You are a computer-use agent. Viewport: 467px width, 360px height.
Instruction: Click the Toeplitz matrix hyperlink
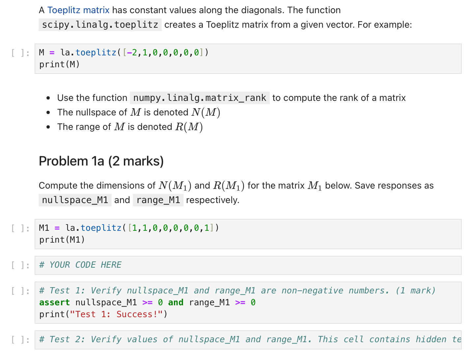(x=78, y=10)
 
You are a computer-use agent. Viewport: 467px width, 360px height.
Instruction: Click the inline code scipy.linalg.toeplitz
(x=100, y=25)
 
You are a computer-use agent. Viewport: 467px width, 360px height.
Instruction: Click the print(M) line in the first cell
(x=59, y=64)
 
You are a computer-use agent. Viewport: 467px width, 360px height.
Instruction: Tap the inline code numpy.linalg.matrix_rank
(x=200, y=98)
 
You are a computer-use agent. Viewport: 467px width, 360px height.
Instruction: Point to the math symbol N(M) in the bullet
(x=206, y=112)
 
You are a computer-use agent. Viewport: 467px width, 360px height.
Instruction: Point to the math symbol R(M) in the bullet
(x=189, y=127)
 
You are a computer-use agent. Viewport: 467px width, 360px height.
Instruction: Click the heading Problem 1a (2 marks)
(x=101, y=161)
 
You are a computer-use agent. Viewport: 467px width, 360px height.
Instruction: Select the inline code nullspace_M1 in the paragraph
(x=75, y=200)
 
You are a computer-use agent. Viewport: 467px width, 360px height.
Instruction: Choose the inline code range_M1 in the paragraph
(x=158, y=200)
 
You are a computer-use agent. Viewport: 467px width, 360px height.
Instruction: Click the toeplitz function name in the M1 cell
(x=101, y=228)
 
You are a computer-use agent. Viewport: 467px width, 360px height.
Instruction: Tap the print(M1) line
(x=62, y=240)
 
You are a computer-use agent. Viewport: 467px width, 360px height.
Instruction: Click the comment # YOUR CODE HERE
(x=80, y=265)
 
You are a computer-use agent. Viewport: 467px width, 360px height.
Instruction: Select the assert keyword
(x=54, y=302)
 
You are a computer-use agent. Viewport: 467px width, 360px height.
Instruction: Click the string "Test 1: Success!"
(x=117, y=314)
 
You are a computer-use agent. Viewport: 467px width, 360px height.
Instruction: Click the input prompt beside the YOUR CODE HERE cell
(x=20, y=265)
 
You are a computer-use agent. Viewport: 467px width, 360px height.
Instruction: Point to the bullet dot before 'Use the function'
(x=48, y=98)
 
